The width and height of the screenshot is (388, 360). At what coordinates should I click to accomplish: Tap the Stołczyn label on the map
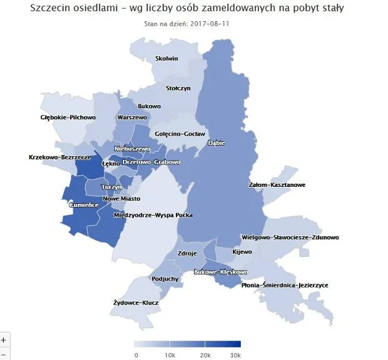pyautogui.click(x=178, y=88)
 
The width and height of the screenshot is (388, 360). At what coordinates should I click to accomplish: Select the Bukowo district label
pyautogui.click(x=149, y=106)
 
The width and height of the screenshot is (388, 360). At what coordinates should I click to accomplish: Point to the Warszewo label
pyautogui.click(x=131, y=117)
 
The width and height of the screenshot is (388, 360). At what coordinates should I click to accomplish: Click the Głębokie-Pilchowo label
pyautogui.click(x=68, y=117)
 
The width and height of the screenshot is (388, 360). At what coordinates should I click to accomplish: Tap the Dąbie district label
pyautogui.click(x=216, y=143)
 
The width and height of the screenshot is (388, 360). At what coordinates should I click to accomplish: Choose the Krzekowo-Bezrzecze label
pyautogui.click(x=59, y=157)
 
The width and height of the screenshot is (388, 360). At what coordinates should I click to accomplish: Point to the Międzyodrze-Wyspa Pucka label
pyautogui.click(x=153, y=215)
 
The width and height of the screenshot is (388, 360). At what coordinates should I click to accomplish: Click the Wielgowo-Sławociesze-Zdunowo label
pyautogui.click(x=290, y=237)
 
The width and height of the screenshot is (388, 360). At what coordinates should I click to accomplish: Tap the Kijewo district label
pyautogui.click(x=242, y=252)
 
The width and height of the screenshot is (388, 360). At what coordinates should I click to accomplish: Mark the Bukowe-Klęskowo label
pyautogui.click(x=222, y=272)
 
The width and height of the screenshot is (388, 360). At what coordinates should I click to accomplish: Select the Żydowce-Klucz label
pyautogui.click(x=136, y=302)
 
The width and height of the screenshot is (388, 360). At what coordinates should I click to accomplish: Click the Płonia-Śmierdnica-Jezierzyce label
pyautogui.click(x=285, y=285)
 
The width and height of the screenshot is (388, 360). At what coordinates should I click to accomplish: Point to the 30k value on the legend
pyautogui.click(x=235, y=354)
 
